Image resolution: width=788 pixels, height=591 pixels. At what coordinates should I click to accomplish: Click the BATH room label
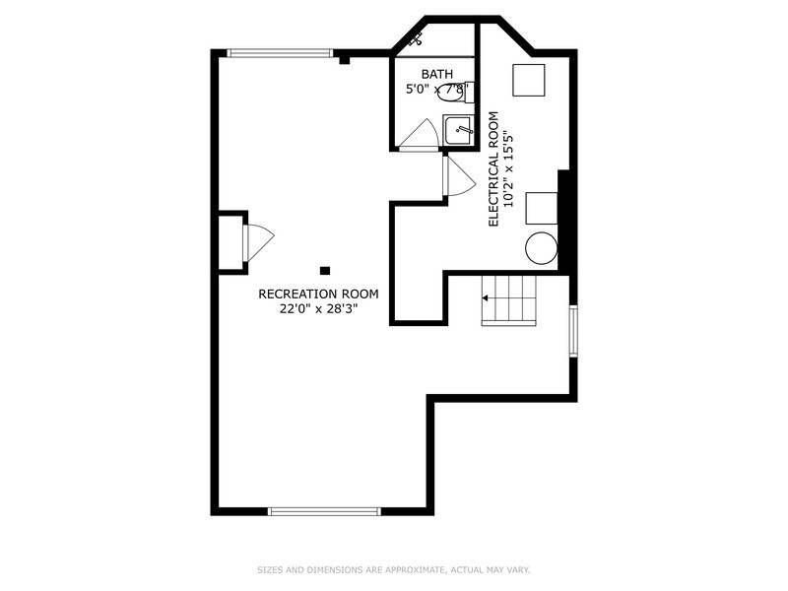[x=436, y=74]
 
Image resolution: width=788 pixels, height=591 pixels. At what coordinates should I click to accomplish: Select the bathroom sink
[x=458, y=129]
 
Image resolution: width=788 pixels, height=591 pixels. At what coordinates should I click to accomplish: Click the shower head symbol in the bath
[x=415, y=40]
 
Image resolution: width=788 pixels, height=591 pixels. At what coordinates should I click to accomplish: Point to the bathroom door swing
[x=421, y=135]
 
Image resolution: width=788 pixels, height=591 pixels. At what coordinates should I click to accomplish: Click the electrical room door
[x=458, y=177]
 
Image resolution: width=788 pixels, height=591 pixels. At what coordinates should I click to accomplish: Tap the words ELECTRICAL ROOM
[x=494, y=168]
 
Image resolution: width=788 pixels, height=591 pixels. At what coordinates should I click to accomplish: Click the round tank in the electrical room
[x=541, y=248]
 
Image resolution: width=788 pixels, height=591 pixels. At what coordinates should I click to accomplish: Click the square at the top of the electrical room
[x=528, y=80]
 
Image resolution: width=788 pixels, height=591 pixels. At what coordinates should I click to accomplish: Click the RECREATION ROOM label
[x=318, y=294]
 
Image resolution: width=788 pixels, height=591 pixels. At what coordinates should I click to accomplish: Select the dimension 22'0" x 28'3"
[x=318, y=308]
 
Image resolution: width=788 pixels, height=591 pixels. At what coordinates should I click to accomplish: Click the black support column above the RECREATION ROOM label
[x=325, y=270]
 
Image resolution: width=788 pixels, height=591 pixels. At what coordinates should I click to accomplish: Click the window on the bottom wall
[x=324, y=510]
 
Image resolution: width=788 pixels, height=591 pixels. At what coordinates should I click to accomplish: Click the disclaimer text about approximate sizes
[x=394, y=569]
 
